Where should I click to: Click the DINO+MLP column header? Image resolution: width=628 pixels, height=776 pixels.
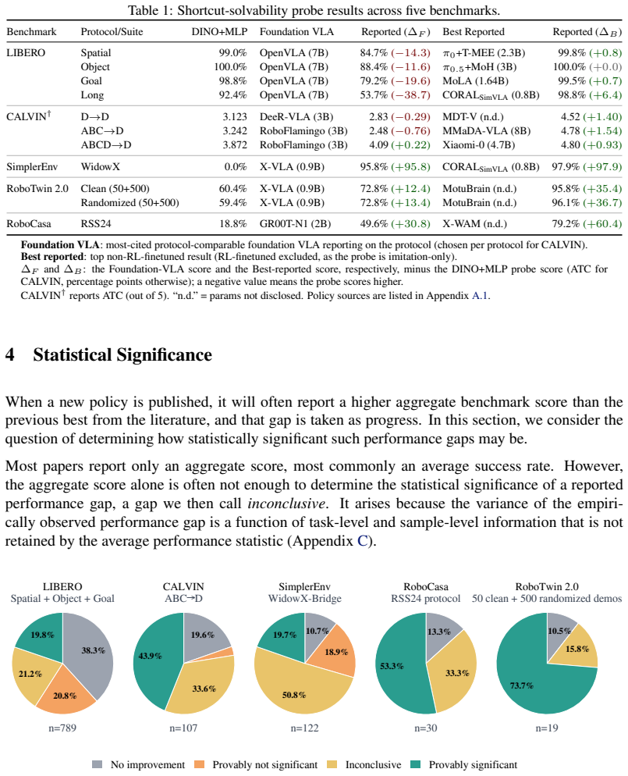click(219, 32)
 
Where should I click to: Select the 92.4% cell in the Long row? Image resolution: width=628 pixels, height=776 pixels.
click(233, 94)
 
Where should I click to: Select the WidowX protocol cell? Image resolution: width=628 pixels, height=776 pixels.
click(101, 167)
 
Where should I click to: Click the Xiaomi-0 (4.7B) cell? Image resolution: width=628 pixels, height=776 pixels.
click(478, 145)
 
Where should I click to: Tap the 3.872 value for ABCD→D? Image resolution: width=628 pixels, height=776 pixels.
click(234, 145)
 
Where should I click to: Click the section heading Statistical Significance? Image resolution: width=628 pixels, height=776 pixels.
click(122, 355)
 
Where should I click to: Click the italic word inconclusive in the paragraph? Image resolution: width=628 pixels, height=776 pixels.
click(287, 504)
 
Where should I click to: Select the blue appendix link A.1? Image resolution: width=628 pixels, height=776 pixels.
click(480, 296)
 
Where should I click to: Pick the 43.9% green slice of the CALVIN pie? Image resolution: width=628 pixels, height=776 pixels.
click(151, 658)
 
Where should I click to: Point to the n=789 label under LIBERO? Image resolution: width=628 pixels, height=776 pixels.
click(62, 728)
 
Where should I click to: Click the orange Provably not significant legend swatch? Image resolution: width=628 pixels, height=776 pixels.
click(199, 764)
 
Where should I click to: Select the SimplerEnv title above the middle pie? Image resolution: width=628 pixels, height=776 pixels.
click(304, 587)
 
